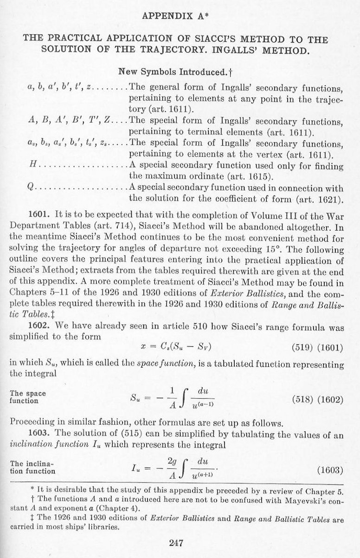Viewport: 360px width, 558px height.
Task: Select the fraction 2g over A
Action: coord(170,470)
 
